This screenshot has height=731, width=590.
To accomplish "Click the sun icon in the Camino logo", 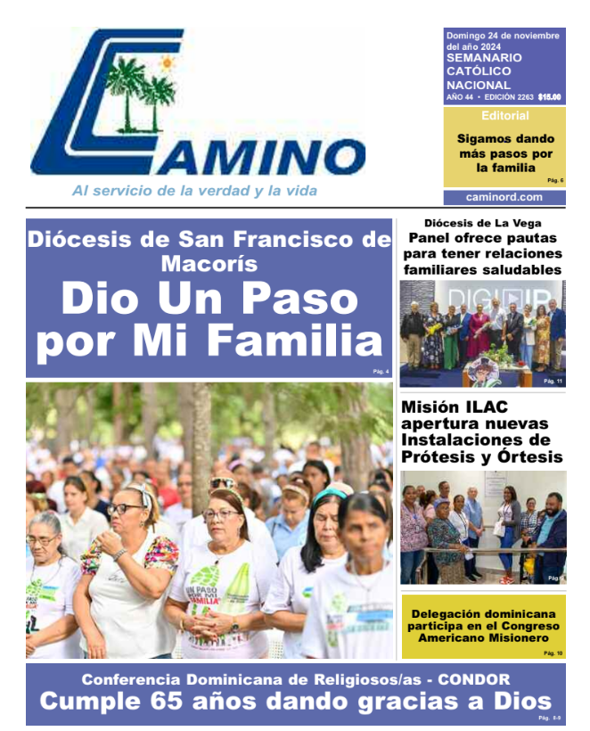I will pos(166,63).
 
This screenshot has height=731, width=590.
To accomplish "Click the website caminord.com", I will pos(504,198).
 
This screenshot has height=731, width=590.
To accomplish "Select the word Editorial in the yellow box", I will pos(504,117).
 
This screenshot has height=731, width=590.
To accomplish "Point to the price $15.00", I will pos(549,97).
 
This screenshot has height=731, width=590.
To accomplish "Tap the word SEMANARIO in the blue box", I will pos(484,58).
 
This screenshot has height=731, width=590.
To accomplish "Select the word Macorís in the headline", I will pos(209,264).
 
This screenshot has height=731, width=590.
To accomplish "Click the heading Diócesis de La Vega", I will pos(482,223).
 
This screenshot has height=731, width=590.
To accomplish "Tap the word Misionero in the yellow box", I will pos(527,639).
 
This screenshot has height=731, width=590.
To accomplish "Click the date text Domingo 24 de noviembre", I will pos(503,36).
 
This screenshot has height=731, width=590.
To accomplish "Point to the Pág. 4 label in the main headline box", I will pos(381,372).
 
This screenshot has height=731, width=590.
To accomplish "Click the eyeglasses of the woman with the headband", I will pos(127,509).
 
